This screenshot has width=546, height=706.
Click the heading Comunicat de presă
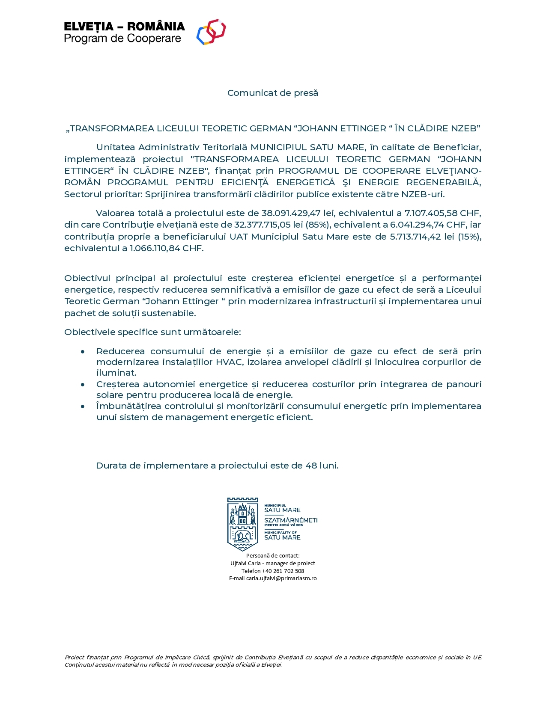(x=272, y=93)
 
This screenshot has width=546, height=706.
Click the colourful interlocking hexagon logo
(x=211, y=32)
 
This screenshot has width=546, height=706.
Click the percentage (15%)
(x=470, y=237)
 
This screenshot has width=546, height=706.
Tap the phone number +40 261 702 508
(x=283, y=571)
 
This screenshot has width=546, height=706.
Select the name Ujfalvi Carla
(x=245, y=563)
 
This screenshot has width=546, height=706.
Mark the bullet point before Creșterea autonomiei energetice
(x=83, y=385)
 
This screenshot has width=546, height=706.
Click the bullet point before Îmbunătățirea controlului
(x=83, y=406)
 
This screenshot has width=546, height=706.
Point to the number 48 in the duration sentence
(x=311, y=466)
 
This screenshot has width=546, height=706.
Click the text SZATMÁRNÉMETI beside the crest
(x=291, y=520)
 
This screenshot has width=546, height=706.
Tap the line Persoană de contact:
(x=273, y=555)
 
